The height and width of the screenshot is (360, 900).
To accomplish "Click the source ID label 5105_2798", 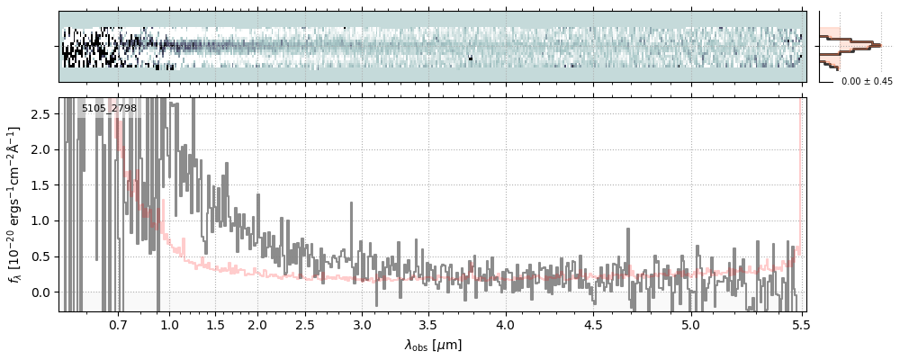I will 109,109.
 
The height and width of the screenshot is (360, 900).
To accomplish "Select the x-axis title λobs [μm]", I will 432,345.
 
